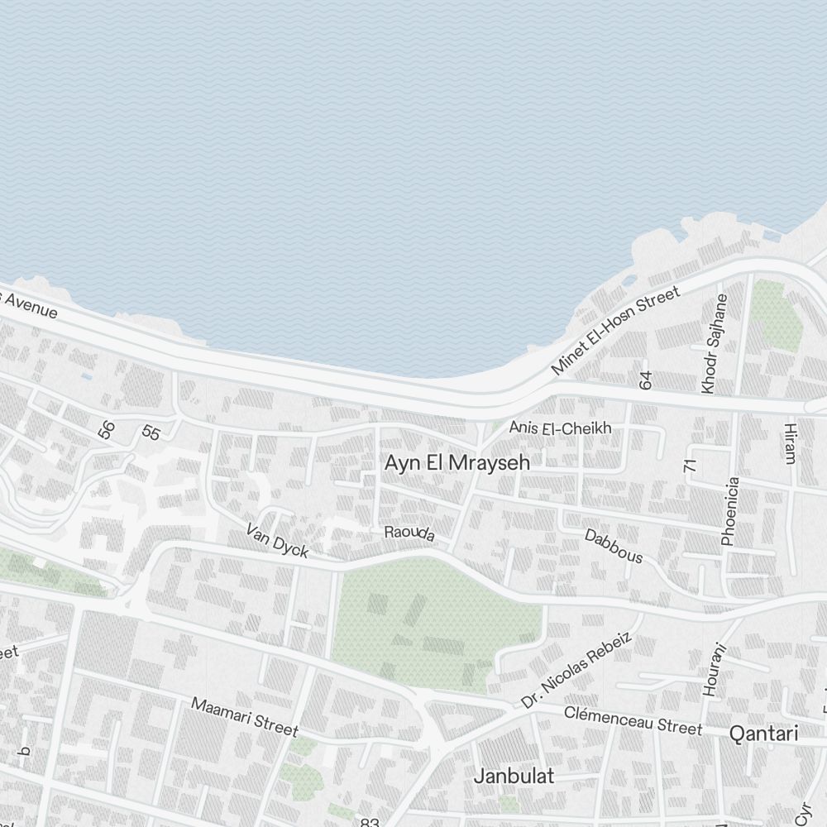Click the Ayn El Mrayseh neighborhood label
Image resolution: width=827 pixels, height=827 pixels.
pyautogui.click(x=457, y=463)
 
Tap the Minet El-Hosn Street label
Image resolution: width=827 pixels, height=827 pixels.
pyautogui.click(x=615, y=330)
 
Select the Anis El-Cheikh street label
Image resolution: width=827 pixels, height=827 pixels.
pyautogui.click(x=560, y=428)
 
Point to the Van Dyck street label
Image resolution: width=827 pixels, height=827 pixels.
pyautogui.click(x=277, y=540)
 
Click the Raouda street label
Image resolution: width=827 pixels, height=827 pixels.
pyautogui.click(x=409, y=533)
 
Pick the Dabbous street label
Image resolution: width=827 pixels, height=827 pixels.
pyautogui.click(x=614, y=546)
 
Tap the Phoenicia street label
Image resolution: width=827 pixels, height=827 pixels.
pyautogui.click(x=729, y=511)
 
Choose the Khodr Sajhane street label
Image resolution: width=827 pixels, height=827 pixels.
pyautogui.click(x=715, y=343)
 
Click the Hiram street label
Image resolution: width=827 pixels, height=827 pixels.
pyautogui.click(x=791, y=442)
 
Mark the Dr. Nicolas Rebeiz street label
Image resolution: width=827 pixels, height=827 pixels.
pyautogui.click(x=577, y=670)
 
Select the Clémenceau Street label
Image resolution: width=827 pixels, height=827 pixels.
pyautogui.click(x=633, y=719)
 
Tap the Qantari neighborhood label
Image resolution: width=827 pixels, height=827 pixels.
pyautogui.click(x=763, y=734)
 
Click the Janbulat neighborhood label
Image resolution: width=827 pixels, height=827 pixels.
pyautogui.click(x=514, y=776)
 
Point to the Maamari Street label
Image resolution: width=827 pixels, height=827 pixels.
pyautogui.click(x=245, y=716)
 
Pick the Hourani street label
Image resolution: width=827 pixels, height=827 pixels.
pyautogui.click(x=713, y=670)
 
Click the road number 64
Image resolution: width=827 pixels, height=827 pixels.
pyautogui.click(x=646, y=380)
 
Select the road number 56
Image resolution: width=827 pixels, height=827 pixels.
pyautogui.click(x=106, y=429)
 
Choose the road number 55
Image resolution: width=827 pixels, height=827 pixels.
pyautogui.click(x=151, y=433)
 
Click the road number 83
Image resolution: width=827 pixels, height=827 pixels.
pyautogui.click(x=370, y=821)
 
